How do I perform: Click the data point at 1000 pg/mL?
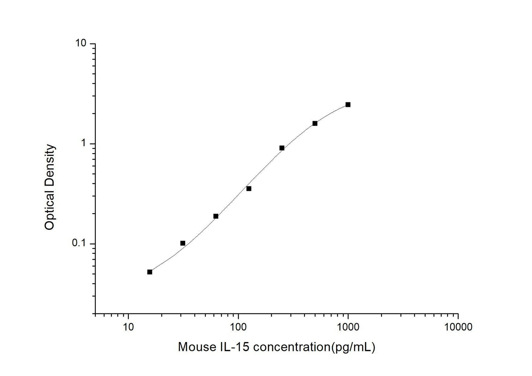pyautogui.click(x=348, y=105)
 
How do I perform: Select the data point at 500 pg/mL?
pyautogui.click(x=315, y=123)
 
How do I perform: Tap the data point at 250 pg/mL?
pyautogui.click(x=282, y=148)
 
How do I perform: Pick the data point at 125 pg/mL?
pyautogui.click(x=249, y=189)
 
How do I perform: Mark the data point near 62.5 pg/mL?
pyautogui.click(x=216, y=216)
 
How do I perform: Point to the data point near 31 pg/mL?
pyautogui.click(x=183, y=243)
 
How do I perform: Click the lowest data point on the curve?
pyautogui.click(x=149, y=272)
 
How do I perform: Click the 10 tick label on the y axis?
pyautogui.click(x=80, y=43)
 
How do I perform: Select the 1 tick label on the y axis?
pyautogui.click(x=83, y=143)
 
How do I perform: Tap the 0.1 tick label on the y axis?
pyautogui.click(x=78, y=243)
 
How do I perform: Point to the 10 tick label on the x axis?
pyautogui.click(x=128, y=327)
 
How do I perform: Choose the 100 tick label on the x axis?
pyautogui.click(x=238, y=327)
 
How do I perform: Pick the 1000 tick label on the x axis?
pyautogui.click(x=348, y=327)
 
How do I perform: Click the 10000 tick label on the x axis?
pyautogui.click(x=458, y=327)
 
